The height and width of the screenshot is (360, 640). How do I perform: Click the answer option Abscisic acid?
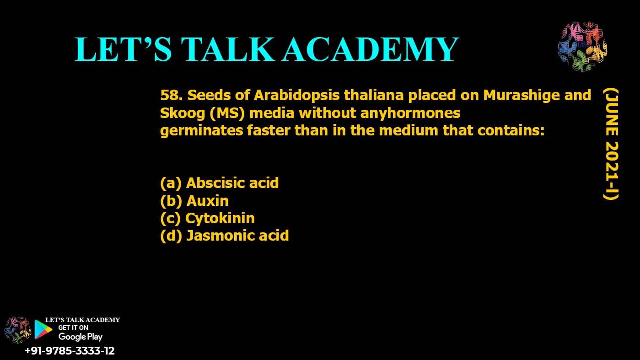pos(220,183)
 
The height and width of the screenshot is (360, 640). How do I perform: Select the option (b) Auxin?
pos(194,200)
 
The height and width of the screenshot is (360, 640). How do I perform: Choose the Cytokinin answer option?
pos(207,218)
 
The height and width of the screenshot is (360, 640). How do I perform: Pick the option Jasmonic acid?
pos(224,236)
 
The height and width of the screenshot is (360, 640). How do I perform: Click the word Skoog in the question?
pos(182,113)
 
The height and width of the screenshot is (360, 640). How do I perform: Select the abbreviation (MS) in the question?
pos(227,113)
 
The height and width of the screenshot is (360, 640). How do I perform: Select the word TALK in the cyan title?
pos(228,49)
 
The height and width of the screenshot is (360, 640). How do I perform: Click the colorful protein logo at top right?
pos(582,46)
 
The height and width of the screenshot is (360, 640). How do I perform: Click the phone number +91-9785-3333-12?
pos(70,351)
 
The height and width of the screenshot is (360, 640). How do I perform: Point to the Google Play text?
pos(80,337)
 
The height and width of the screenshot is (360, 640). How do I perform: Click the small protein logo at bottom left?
pos(17,330)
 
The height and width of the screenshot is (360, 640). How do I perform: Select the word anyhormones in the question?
pos(410,113)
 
